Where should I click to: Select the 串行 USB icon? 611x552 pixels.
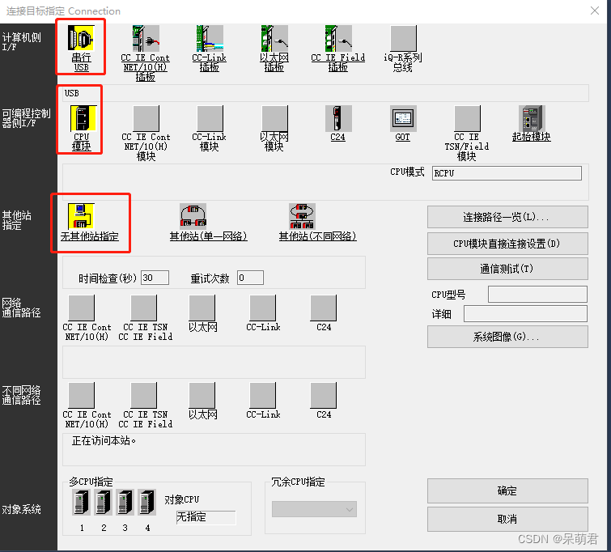point(81,38)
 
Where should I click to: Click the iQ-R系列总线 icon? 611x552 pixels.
point(404,38)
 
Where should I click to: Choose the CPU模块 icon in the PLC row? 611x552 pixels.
point(81,118)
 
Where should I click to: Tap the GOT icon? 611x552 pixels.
point(403,118)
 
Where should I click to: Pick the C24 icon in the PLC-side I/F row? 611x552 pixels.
point(338,118)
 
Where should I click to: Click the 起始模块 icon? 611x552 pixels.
point(532,118)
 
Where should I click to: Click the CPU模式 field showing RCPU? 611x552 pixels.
point(506,173)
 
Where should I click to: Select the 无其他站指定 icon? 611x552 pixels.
point(81,216)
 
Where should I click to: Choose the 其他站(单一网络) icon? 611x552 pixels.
point(193,216)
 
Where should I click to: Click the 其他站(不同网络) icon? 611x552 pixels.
point(302,216)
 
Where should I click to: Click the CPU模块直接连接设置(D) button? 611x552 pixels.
point(507,243)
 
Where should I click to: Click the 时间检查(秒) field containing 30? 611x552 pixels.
point(155,278)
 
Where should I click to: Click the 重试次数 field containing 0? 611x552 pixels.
point(250,278)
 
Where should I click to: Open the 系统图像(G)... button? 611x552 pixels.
point(507,337)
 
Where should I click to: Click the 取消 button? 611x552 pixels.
point(507,519)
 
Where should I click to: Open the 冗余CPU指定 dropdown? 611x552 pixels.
point(314,509)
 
